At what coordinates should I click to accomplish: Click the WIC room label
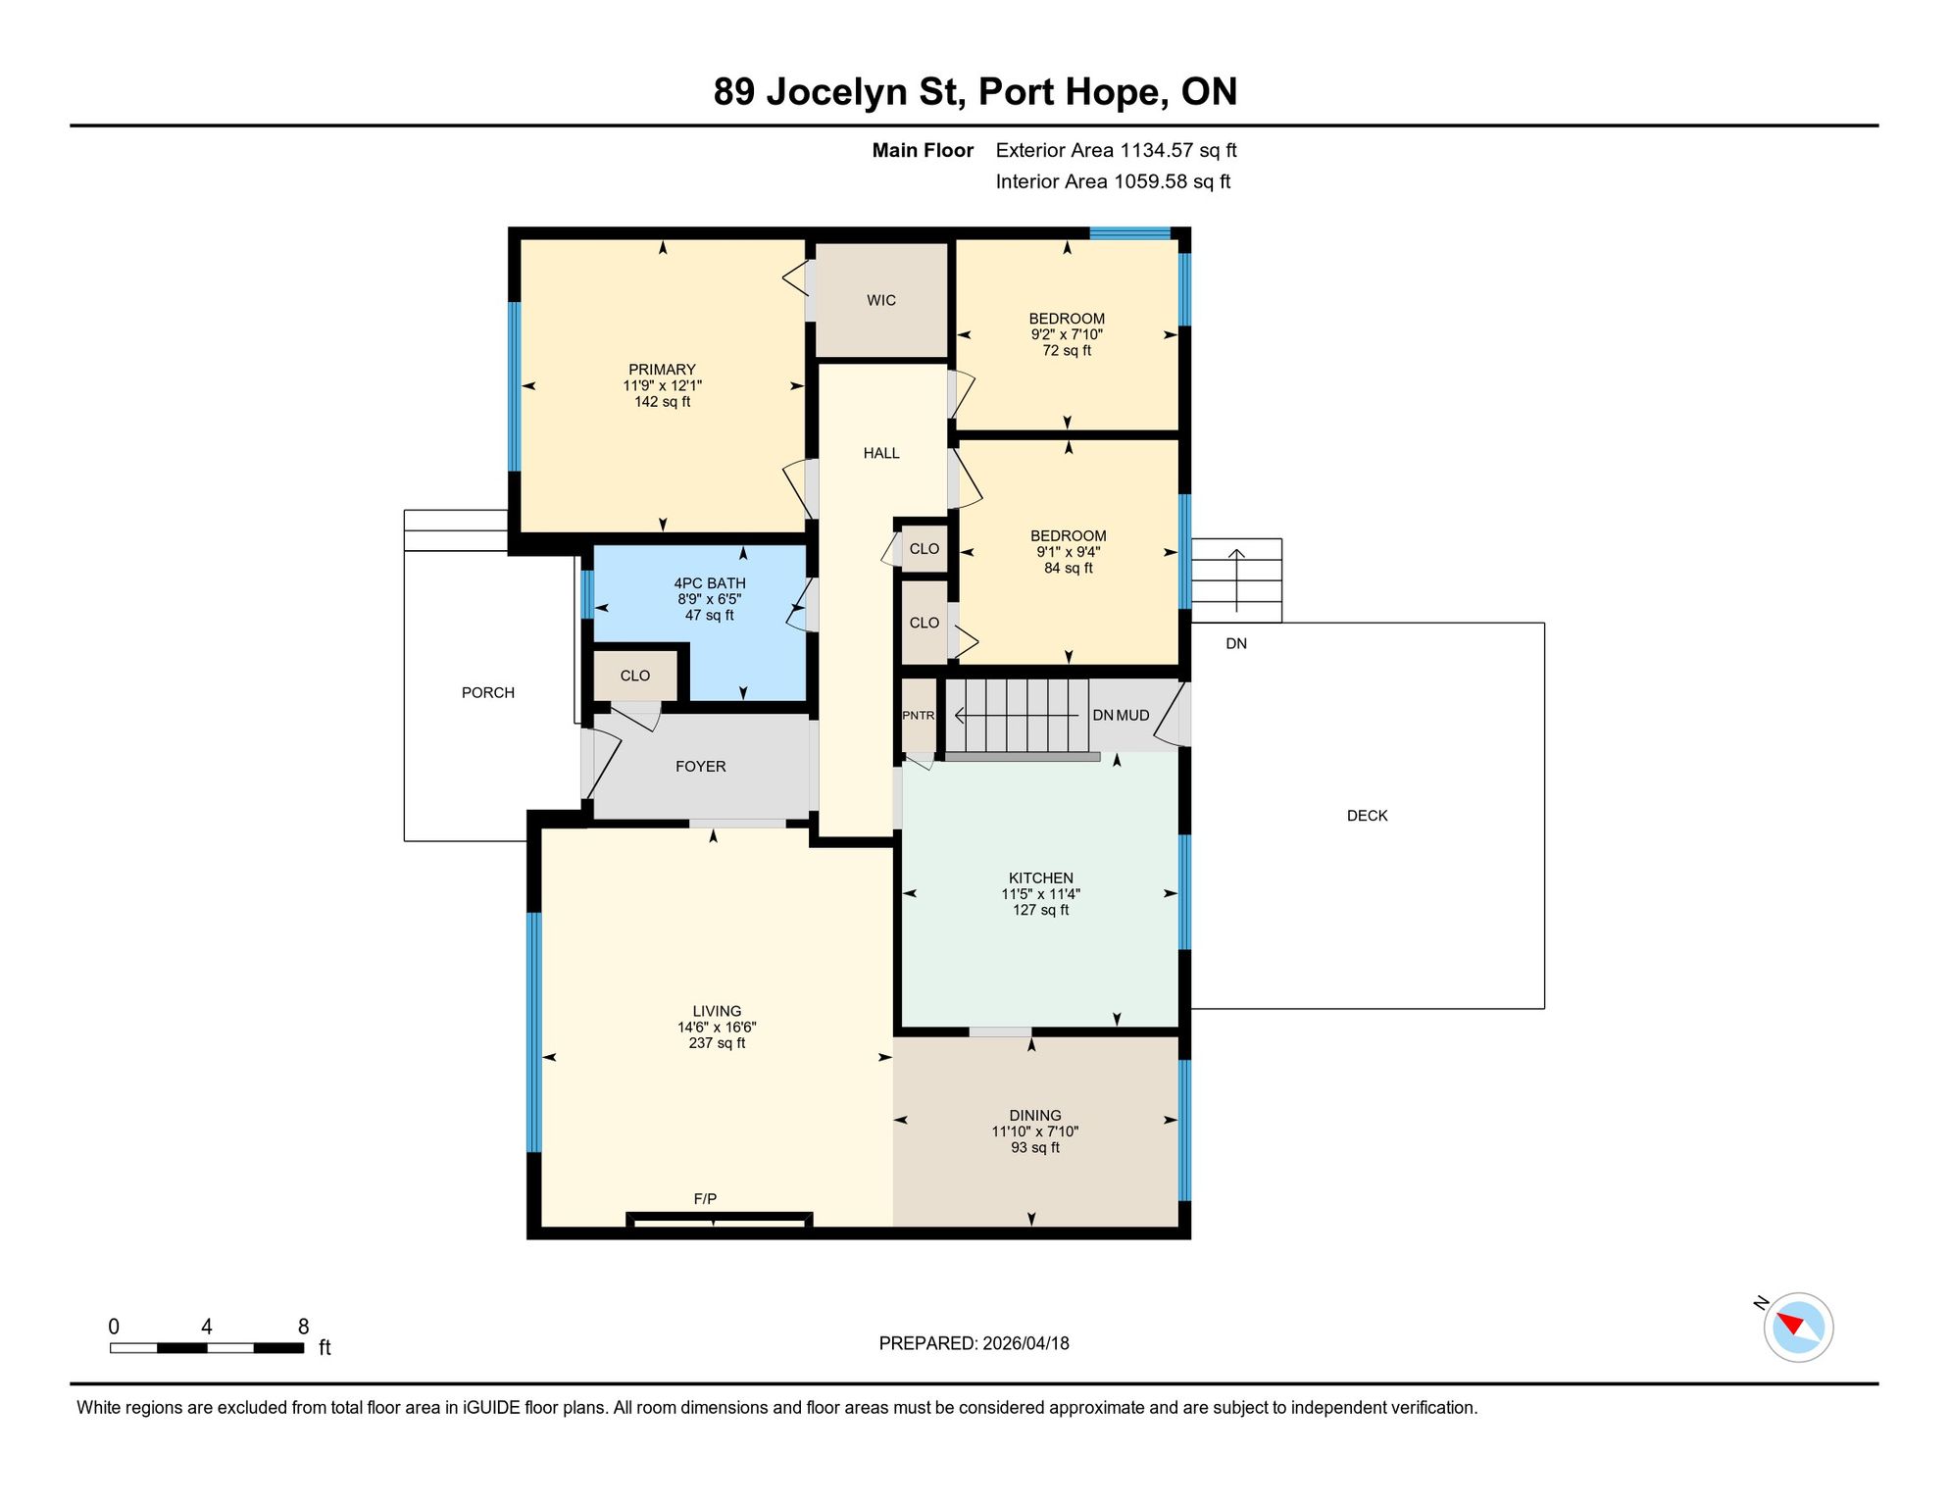881,301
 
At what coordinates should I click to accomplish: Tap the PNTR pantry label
919,716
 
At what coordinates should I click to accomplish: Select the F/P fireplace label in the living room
705,1199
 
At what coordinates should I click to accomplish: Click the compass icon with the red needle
1798,1328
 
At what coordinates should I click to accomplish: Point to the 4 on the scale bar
207,1327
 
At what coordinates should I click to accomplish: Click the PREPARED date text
974,1344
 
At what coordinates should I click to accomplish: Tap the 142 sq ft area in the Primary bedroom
663,402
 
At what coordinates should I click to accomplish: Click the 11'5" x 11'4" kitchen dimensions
1040,894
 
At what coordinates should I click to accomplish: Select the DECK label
1368,816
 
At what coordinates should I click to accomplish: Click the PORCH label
488,693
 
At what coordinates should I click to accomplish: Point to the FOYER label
701,767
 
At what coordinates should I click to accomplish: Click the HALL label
881,453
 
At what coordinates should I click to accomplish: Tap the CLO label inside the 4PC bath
635,676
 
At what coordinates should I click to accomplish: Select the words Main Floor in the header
923,150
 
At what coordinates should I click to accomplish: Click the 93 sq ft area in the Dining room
1035,1148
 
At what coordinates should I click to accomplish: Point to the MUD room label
1133,716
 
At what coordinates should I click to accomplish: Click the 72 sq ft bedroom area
1067,351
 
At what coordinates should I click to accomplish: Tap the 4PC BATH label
710,583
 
